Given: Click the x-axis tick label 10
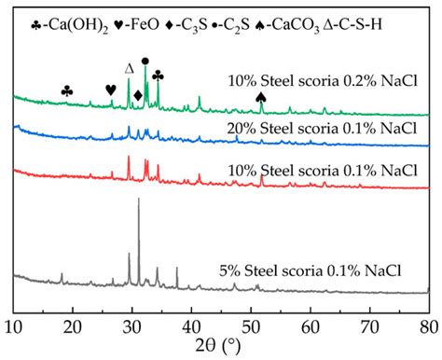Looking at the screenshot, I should point(14,325).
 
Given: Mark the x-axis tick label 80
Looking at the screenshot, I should point(428,325).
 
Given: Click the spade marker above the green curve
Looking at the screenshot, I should point(261,96).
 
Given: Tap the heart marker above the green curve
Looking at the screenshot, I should point(111,90).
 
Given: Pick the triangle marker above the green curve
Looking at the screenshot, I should point(130,68).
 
